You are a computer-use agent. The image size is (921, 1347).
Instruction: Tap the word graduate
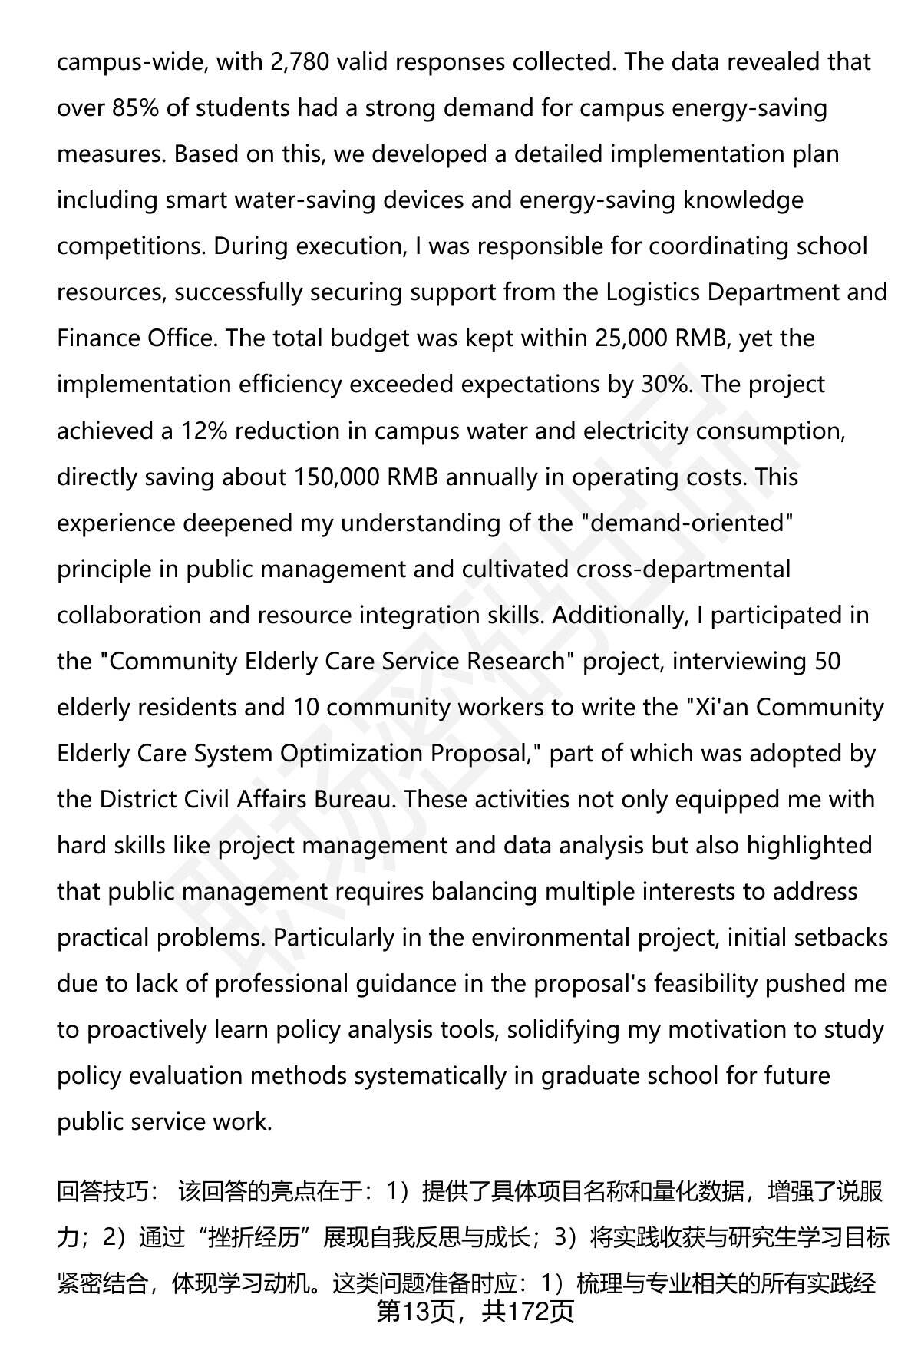tap(590, 1075)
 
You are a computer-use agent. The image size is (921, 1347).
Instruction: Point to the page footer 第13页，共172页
tap(475, 1313)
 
